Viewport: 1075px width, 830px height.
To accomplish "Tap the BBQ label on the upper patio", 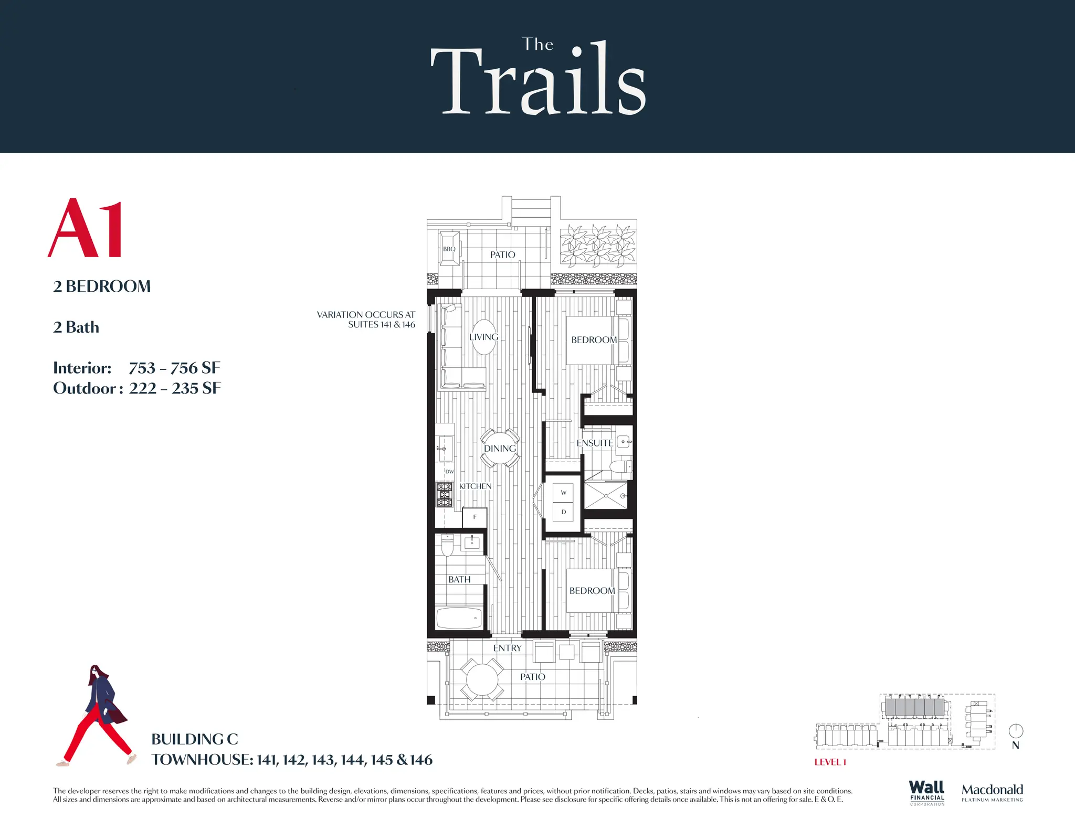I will point(449,249).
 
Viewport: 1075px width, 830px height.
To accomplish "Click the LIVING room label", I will point(483,337).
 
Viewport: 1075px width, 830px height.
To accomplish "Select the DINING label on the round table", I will point(500,449).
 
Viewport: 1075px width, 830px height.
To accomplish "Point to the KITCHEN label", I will point(475,486).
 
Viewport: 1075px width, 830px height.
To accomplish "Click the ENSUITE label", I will point(595,443).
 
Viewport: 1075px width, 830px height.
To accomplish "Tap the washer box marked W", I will point(563,493).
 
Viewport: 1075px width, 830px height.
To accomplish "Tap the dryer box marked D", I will point(563,512).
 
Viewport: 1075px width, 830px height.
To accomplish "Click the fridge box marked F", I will point(475,517).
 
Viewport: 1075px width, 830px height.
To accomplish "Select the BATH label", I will point(459,580).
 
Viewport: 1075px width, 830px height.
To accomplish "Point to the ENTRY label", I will point(507,648).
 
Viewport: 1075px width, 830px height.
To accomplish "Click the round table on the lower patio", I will point(482,680).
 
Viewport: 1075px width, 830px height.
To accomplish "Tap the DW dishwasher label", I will point(449,472).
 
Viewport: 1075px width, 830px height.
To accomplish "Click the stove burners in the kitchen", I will point(444,495).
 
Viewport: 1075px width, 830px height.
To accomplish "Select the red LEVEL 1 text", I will point(830,762).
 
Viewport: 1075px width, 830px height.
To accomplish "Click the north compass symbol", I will point(1016,731).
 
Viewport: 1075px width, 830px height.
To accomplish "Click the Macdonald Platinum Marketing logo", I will point(992,792).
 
